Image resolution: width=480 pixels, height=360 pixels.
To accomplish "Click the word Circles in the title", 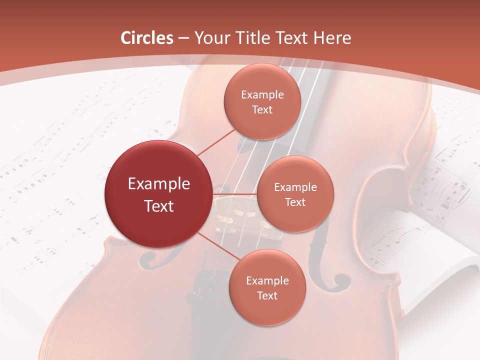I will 147,38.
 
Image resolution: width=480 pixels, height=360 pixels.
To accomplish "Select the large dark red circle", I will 158,194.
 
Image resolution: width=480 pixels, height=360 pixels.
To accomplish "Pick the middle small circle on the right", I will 295,194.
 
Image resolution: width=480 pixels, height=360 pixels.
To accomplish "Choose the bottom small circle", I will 267,287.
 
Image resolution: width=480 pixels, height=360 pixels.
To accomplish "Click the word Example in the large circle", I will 158,184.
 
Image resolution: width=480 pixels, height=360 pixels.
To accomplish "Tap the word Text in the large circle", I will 158,206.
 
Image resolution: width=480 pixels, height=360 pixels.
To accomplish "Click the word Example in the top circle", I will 262,95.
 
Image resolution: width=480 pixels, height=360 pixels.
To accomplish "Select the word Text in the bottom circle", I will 267,295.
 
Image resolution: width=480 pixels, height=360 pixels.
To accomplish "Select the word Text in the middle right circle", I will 295,202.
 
